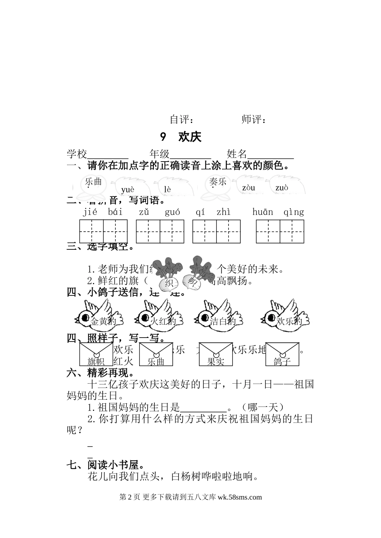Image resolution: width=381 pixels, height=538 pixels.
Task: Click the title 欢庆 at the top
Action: point(189,137)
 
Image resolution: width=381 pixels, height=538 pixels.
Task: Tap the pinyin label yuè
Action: point(128,189)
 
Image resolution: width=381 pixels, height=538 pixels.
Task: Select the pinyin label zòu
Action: point(249,188)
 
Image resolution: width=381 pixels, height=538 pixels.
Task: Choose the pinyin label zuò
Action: point(282,188)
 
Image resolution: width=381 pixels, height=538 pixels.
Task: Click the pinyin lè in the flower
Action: point(167,189)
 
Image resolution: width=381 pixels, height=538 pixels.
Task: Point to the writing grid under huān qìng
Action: point(280,231)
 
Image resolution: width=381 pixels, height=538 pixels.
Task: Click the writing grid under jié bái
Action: point(103,231)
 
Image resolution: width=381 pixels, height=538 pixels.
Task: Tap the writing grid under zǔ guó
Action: point(160,231)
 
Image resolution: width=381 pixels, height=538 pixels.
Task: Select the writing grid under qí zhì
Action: point(217,231)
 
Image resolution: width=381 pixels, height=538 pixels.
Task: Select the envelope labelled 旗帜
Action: point(96,354)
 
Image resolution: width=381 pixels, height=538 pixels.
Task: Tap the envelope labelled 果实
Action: point(215,354)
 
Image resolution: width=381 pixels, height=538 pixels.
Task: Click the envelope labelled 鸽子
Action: point(282,354)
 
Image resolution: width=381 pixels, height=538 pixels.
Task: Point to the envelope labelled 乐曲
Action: point(156,354)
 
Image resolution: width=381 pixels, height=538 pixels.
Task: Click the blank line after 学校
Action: point(107,155)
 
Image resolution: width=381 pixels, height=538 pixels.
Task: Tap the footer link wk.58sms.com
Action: point(239,497)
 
